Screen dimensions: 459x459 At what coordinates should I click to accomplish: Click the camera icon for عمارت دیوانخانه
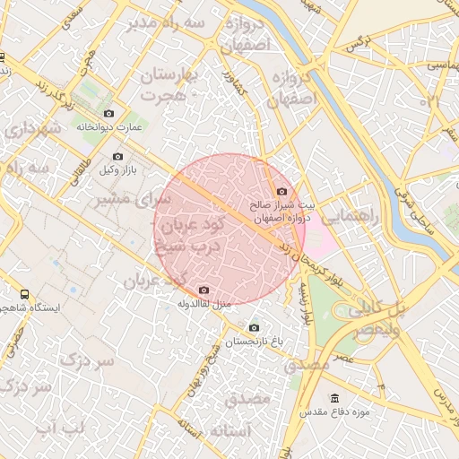[109, 113]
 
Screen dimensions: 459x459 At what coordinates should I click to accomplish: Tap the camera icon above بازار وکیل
[117, 157]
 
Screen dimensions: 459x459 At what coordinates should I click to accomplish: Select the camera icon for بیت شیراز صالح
[282, 191]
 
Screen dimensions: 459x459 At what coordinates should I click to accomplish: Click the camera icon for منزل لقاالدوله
[204, 290]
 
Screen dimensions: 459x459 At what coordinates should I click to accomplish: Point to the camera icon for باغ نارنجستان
[254, 328]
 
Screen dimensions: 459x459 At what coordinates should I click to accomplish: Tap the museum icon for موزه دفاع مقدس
[335, 398]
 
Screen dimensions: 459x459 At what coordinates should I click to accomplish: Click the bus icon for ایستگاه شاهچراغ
[24, 294]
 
